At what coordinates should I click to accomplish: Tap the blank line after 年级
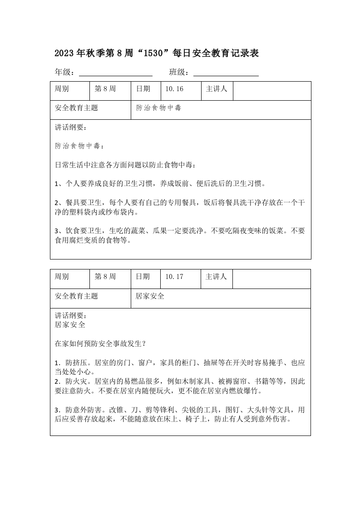[116, 73]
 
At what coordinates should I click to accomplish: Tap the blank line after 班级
[226, 73]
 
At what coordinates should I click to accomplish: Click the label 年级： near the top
[64, 72]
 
